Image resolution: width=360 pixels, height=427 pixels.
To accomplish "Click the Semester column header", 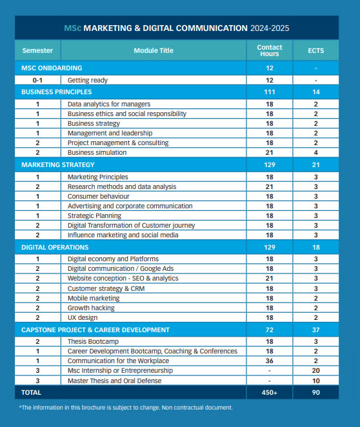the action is coord(38,50).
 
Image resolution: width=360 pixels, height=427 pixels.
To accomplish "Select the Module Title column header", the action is coord(154,50).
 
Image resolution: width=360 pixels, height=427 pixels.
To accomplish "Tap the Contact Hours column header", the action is coord(269,50).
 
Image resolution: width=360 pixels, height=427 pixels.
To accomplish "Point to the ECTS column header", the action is coord(315,50).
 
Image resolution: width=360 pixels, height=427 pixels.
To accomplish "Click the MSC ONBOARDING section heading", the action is coord(52,68).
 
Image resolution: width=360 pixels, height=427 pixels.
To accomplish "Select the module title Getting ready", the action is coord(88,80).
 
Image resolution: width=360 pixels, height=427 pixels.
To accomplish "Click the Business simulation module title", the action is coord(97,152).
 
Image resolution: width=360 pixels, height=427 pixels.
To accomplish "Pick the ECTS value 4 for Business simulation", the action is coord(315,152).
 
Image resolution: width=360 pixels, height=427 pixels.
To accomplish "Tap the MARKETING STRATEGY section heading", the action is coord(55,164).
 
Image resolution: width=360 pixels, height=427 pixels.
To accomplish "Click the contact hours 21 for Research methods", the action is coord(269,186).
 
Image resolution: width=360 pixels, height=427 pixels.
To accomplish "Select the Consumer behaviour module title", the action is coord(99,196).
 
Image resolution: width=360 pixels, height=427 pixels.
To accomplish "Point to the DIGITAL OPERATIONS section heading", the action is coord(55,247).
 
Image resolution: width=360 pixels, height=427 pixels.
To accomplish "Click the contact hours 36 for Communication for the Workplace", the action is coord(269,361).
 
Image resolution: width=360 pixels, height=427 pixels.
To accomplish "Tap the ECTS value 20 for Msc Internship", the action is coord(315,370).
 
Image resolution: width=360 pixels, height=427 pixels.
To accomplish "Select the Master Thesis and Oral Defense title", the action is coord(115,380).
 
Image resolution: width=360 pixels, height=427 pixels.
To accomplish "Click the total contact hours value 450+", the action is coord(269,392).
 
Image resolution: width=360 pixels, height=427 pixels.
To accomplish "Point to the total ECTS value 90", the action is coord(315,392).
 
